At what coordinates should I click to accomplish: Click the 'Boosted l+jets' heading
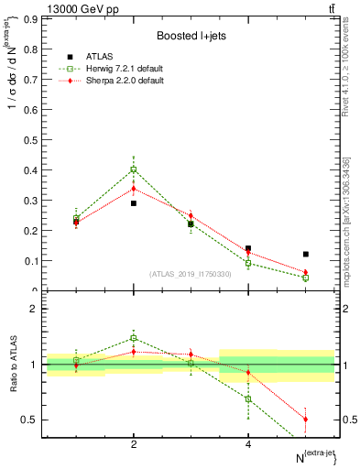[x=191, y=36]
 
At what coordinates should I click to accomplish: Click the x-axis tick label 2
[x=134, y=444]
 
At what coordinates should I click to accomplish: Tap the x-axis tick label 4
[x=248, y=444]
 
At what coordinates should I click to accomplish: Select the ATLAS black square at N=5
[x=305, y=254]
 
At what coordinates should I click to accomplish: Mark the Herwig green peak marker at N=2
[x=134, y=169]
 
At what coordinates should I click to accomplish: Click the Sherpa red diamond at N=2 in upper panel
[x=134, y=189]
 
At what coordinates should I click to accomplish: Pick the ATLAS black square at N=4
[x=248, y=248]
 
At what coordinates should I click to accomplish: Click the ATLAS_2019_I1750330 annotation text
[x=191, y=274]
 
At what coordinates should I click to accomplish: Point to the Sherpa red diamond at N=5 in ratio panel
[x=305, y=420]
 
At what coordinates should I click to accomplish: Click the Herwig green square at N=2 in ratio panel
[x=134, y=338]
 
